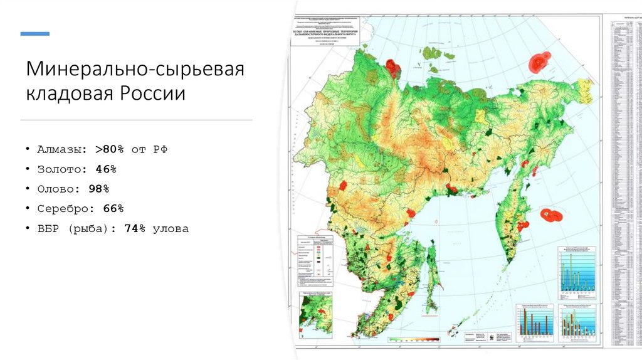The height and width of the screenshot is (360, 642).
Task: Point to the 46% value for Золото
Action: [106, 169]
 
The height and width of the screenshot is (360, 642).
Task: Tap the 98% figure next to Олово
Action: [98, 189]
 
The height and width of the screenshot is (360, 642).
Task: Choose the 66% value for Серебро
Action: [113, 208]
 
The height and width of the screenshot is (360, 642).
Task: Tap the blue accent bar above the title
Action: [35, 33]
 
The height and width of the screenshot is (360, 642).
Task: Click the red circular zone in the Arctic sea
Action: [539, 61]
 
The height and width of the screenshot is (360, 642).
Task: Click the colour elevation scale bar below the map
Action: [414, 339]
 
